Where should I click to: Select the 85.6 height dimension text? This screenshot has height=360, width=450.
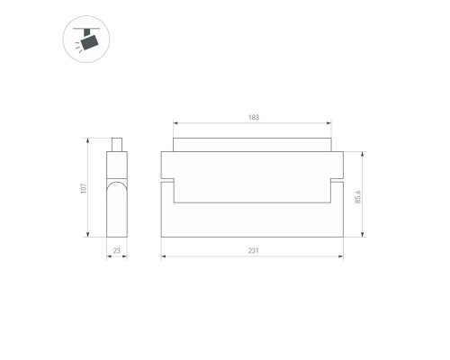358,195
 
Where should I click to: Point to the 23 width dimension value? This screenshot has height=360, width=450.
117,252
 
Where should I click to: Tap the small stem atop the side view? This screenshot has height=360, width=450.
116,145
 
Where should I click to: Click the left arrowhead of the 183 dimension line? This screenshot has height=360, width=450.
175,125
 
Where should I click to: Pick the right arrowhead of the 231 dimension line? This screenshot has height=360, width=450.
341,257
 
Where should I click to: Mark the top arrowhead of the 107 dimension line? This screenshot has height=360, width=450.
88,141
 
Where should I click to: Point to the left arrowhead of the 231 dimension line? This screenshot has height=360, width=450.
164,257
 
